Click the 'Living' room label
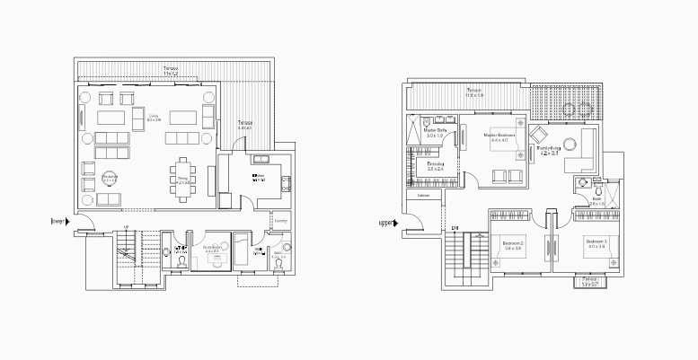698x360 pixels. tap(154, 117)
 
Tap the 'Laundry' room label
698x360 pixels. tap(281, 220)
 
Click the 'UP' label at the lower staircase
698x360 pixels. tap(126, 227)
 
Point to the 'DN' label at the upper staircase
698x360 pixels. tap(457, 227)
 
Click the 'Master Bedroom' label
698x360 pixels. tap(499, 137)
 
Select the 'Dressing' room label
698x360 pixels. tap(437, 166)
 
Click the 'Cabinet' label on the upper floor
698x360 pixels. tap(423, 195)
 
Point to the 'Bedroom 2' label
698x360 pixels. tap(513, 244)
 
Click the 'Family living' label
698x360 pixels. tap(549, 151)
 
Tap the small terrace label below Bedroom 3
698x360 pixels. tap(589, 281)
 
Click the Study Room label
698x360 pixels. tap(212, 249)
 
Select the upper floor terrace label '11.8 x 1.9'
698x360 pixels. tap(474, 93)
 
